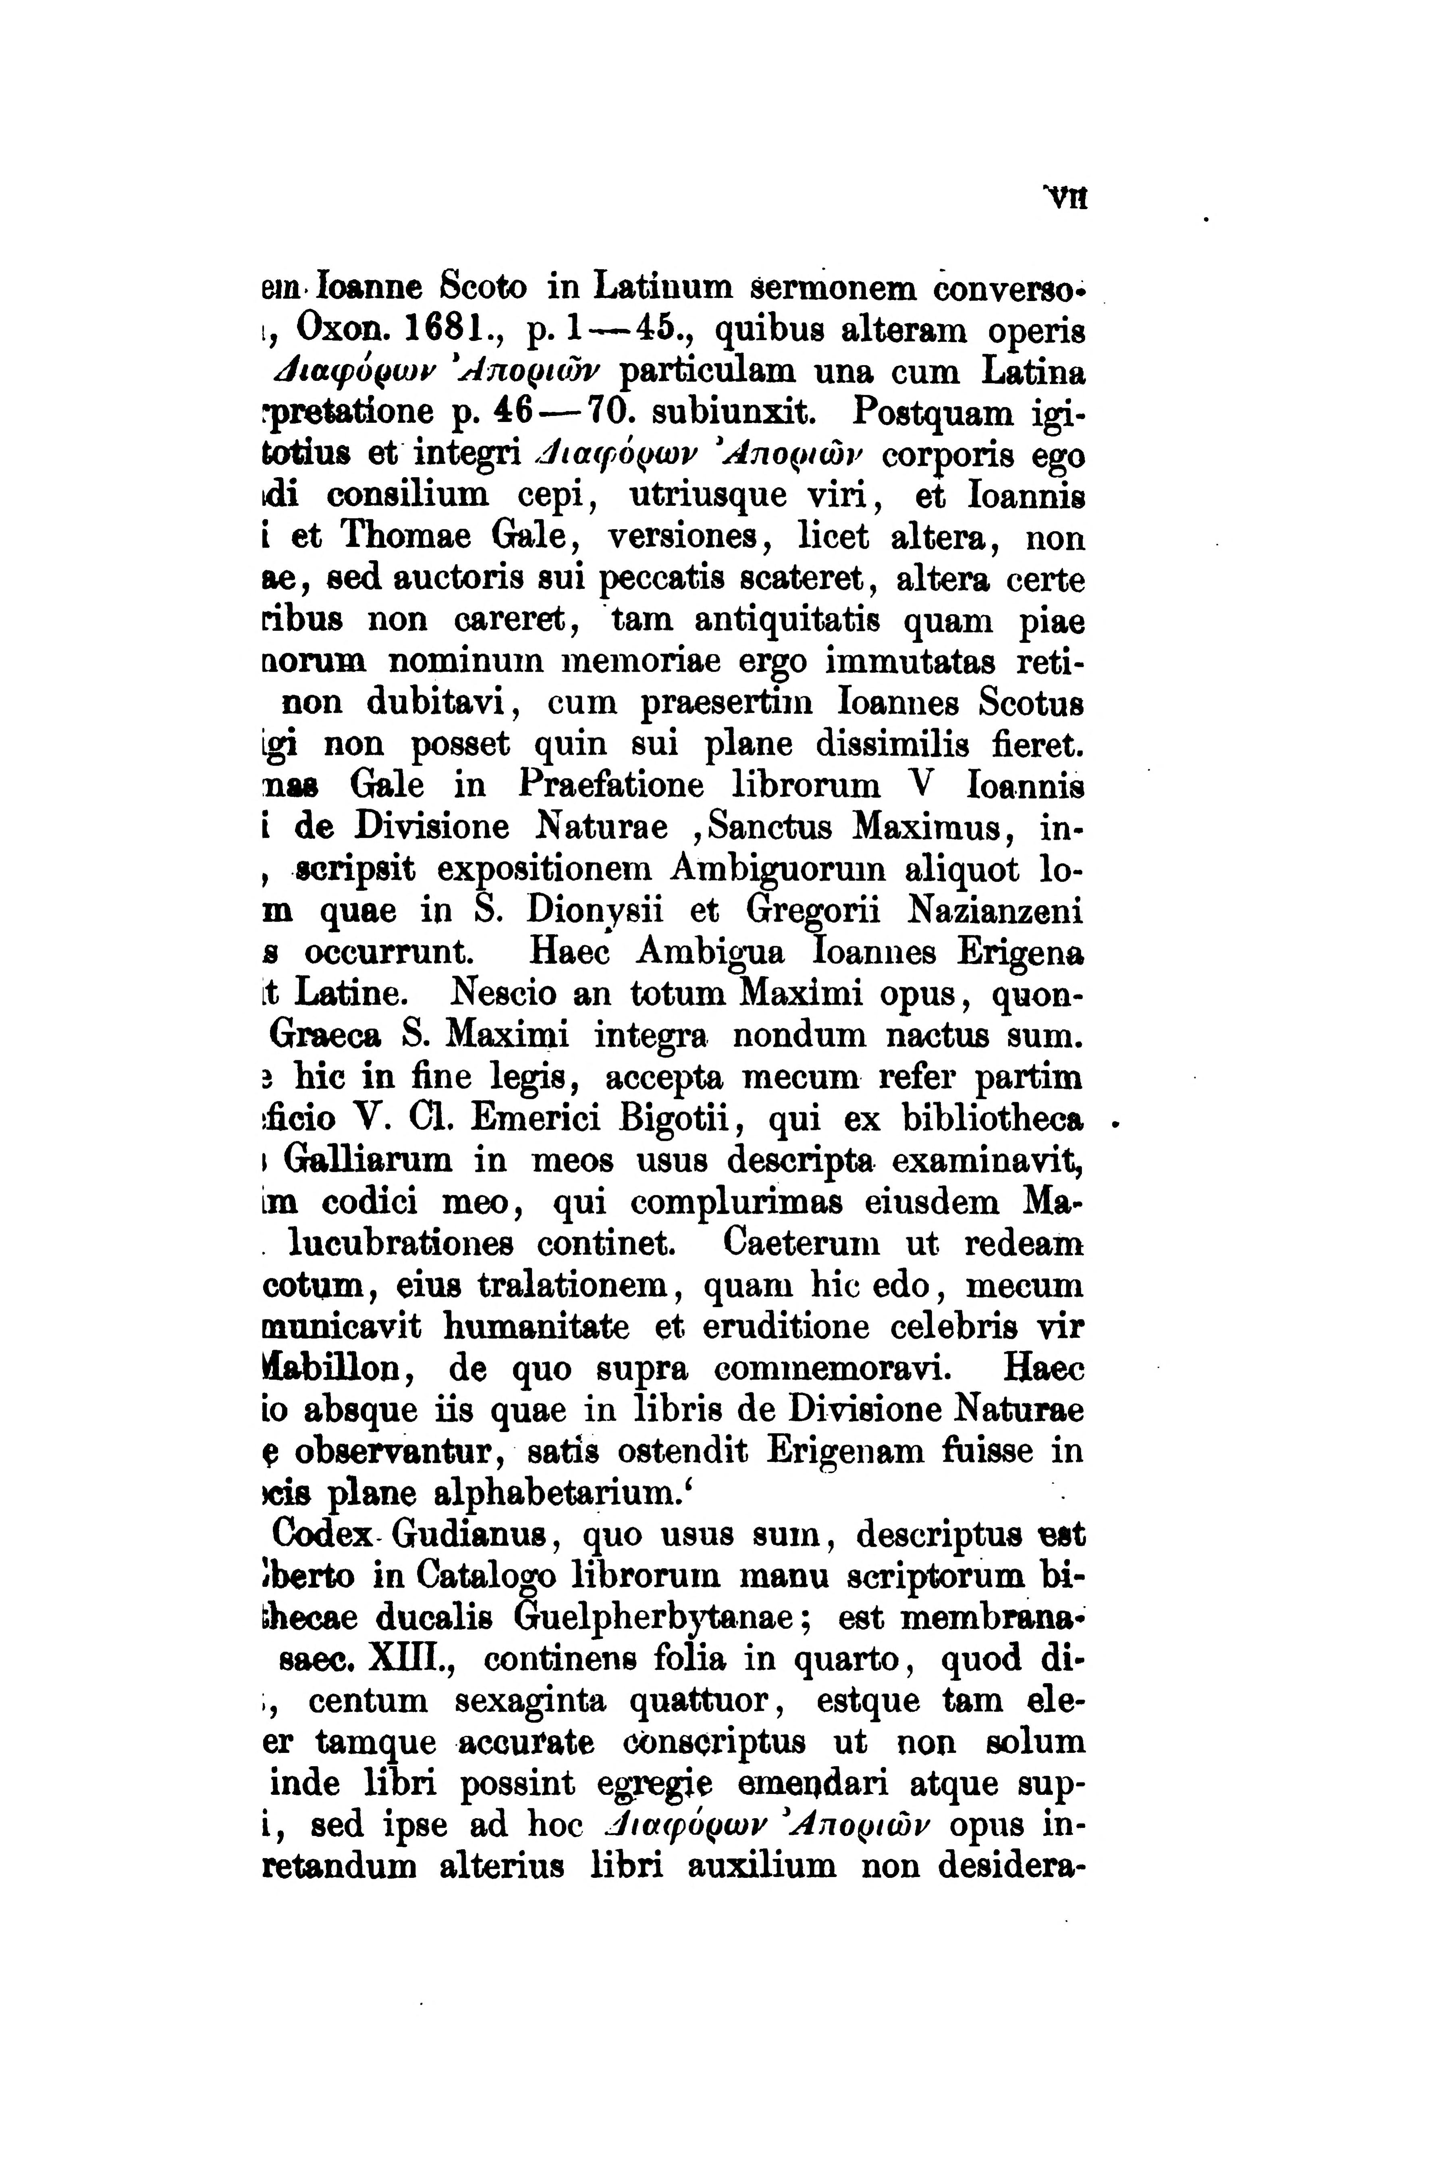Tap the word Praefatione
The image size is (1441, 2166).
[x=611, y=787]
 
